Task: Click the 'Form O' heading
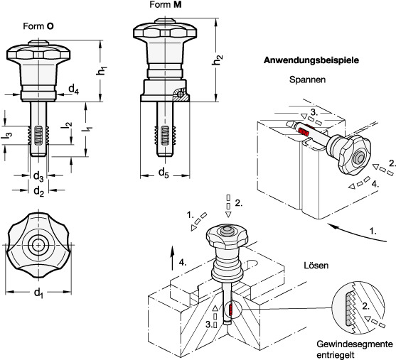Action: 38,26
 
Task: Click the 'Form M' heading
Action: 166,4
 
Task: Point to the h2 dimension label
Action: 218,60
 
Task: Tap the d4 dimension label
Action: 74,89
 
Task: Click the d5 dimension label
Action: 164,173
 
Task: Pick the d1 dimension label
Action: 38,293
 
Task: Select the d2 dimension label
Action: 39,191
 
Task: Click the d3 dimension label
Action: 38,176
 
